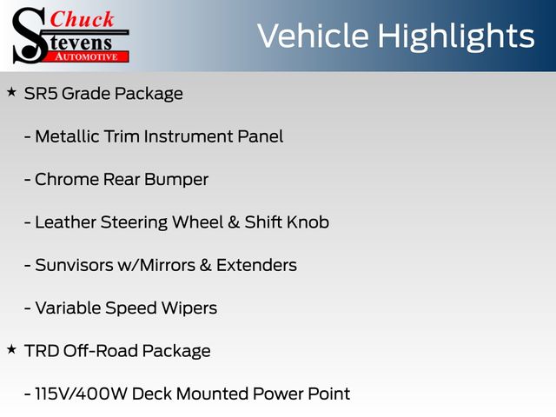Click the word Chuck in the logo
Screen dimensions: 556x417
point(82,19)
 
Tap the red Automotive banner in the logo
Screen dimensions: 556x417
point(87,56)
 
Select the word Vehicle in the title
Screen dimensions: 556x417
point(313,36)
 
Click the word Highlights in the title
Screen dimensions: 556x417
point(455,36)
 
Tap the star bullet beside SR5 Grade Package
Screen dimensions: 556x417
point(11,93)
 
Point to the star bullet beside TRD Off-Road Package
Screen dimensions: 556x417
point(11,349)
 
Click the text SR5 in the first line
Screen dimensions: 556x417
point(41,94)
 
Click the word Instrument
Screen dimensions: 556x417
point(189,136)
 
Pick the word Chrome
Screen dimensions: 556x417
point(67,180)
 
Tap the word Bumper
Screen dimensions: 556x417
point(176,180)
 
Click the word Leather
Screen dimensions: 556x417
point(66,222)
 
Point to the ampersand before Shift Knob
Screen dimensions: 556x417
point(234,222)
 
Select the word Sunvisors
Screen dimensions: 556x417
point(74,265)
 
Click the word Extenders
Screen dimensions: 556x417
point(256,265)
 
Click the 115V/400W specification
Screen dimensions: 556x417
point(81,394)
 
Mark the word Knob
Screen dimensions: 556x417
point(308,222)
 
